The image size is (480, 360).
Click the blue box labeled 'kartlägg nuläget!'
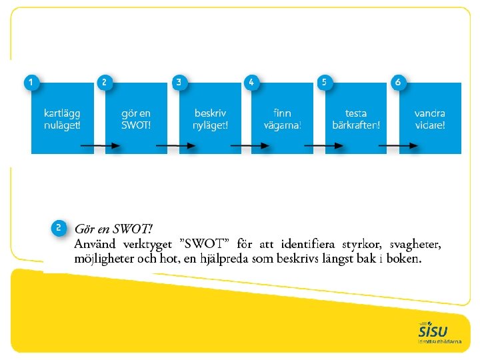62,118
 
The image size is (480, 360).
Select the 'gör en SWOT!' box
136,118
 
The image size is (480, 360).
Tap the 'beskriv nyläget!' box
210,118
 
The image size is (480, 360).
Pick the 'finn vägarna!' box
283,118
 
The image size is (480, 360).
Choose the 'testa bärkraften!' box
356,118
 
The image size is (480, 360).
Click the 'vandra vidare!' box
430,118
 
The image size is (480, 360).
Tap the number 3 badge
179,82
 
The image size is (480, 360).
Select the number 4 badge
251,82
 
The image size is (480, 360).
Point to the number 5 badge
325,82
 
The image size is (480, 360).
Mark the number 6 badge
398,82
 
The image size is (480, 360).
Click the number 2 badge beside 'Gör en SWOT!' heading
59,227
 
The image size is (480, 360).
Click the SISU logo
434,331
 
